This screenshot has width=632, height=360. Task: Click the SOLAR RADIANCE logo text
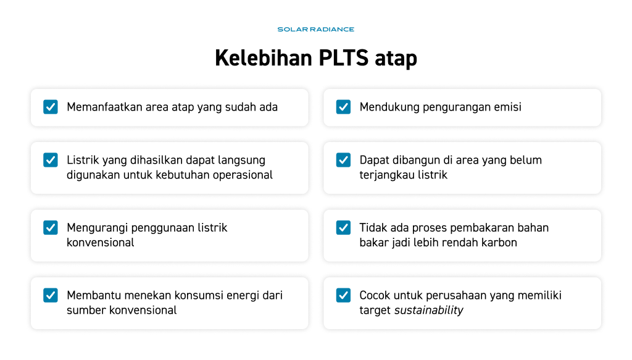click(x=315, y=30)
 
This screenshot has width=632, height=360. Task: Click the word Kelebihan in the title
click(x=264, y=57)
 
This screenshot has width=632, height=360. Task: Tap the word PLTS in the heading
click(x=343, y=57)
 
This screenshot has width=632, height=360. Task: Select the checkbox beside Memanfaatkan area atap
click(x=51, y=107)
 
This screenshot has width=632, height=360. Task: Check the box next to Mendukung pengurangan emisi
click(x=343, y=107)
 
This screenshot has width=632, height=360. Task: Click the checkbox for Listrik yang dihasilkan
click(x=51, y=160)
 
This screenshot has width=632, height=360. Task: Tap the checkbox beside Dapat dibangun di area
click(x=343, y=160)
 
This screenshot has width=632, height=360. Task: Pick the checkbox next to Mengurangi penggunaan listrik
click(x=51, y=228)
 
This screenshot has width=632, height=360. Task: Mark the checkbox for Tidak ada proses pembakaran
click(x=343, y=228)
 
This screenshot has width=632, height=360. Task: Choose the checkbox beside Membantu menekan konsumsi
click(x=51, y=295)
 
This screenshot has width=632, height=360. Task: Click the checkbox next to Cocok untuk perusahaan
click(x=343, y=295)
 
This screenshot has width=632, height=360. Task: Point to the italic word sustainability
click(x=428, y=311)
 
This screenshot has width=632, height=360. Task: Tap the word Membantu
click(x=94, y=296)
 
